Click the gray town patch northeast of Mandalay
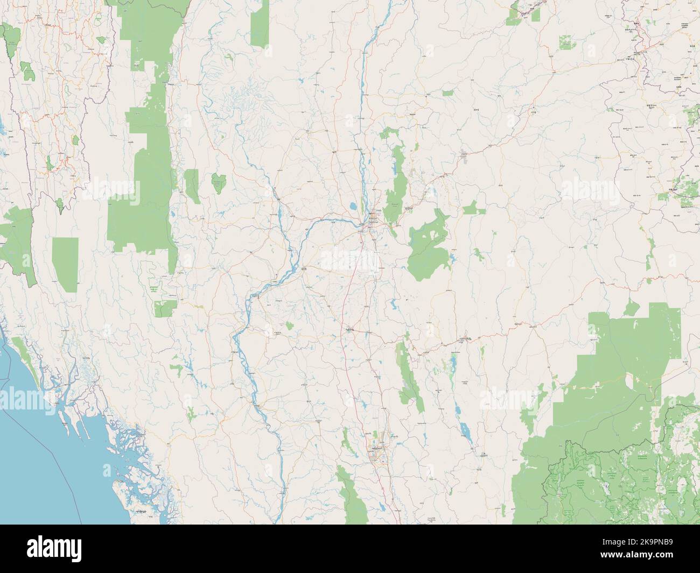pos(465,157)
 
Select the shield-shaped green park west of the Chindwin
pos(218,183)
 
